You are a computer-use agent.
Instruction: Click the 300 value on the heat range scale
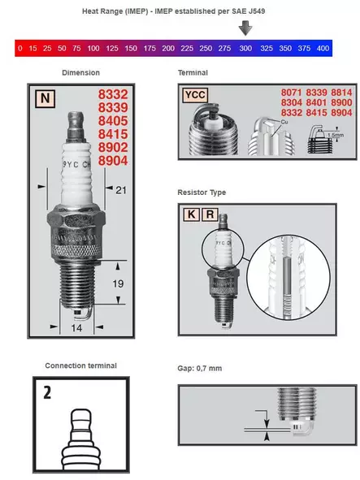coord(245,49)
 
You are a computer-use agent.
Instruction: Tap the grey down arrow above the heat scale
coord(245,28)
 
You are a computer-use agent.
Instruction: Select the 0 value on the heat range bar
coord(20,49)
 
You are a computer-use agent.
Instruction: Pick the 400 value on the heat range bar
coord(323,49)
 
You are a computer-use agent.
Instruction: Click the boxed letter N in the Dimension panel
coord(45,98)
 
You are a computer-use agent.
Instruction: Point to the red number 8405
coord(113,121)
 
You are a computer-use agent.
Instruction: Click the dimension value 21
coord(121,190)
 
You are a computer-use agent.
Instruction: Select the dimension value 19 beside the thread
coord(118,283)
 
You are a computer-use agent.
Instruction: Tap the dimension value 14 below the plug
coord(76,328)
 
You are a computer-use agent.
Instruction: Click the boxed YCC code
coord(195,95)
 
